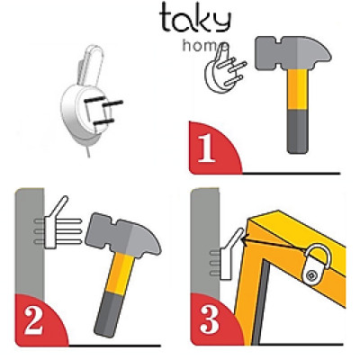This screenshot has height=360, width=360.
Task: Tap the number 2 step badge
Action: coord(32,321)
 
